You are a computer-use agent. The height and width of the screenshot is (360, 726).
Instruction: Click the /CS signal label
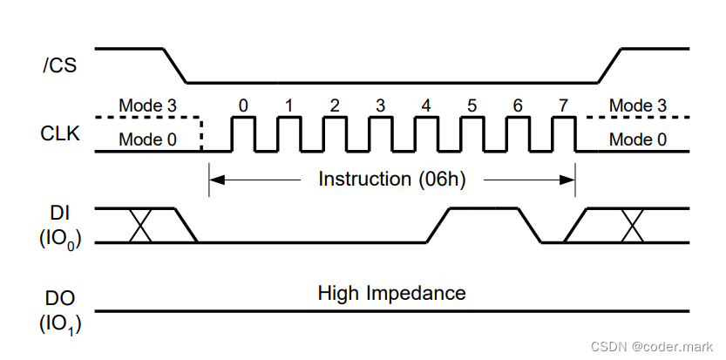tap(58, 65)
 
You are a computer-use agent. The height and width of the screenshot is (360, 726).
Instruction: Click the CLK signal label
tap(60, 134)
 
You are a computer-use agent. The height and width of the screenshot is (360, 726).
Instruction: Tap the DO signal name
tap(60, 299)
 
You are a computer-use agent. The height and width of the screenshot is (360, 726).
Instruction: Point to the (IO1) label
tap(60, 325)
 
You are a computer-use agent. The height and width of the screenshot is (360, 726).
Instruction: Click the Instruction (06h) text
tap(392, 180)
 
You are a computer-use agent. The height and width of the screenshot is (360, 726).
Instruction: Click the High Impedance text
tap(392, 293)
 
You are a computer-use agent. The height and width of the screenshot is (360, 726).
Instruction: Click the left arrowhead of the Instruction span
tap(216, 180)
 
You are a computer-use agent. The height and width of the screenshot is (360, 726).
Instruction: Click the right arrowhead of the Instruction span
tap(568, 180)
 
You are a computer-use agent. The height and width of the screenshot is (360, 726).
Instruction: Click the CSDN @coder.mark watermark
tap(653, 345)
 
